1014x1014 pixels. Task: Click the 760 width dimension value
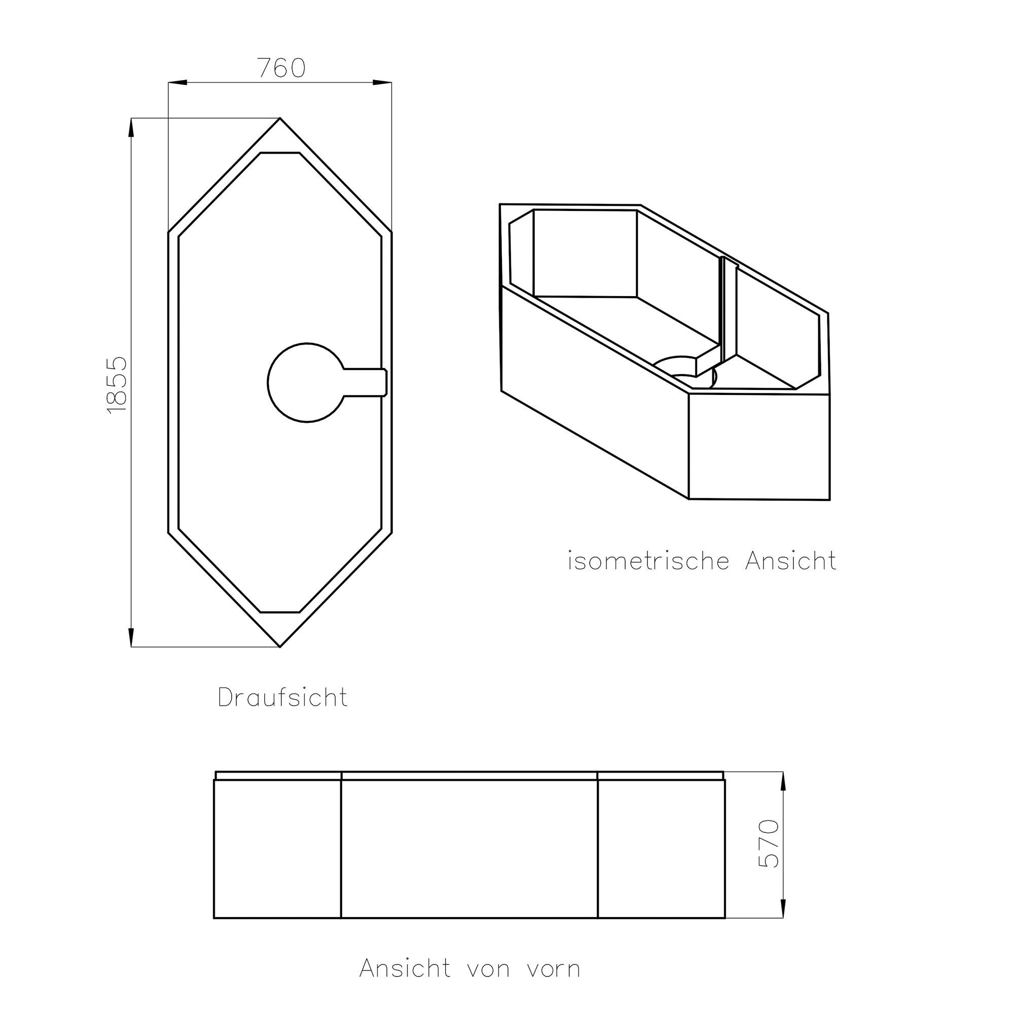click(281, 68)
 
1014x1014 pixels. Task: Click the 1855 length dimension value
click(117, 385)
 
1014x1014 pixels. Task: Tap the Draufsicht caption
click(282, 698)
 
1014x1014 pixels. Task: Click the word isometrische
click(649, 561)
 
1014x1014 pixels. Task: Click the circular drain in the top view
click(308, 383)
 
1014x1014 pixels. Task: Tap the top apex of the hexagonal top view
click(280, 118)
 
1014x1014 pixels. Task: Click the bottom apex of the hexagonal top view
click(280, 646)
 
